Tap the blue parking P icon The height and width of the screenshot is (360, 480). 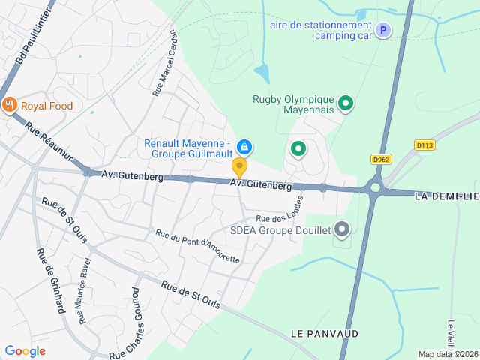(x=383, y=31)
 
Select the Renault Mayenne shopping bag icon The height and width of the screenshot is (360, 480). (x=244, y=146)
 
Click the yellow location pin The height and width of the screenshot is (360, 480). (x=239, y=167)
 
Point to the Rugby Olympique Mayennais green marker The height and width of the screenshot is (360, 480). (x=346, y=103)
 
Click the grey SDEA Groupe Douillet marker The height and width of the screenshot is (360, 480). (x=342, y=229)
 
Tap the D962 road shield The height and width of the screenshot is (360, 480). (x=382, y=159)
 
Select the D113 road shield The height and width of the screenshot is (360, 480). (x=424, y=145)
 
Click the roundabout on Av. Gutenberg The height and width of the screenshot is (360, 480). (x=375, y=188)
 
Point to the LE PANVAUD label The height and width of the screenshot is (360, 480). (x=325, y=333)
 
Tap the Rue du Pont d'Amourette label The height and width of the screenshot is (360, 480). (x=198, y=247)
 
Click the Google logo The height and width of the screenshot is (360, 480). (x=25, y=350)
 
